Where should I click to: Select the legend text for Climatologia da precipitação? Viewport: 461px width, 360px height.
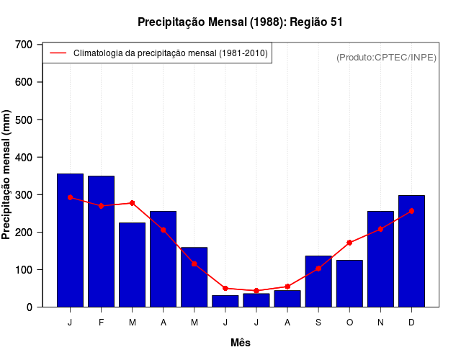[x=171, y=53]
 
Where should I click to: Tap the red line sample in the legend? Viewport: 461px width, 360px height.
[x=58, y=53]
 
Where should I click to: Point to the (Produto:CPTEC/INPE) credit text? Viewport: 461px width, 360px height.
[x=386, y=57]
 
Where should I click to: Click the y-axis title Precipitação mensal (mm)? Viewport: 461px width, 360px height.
[x=7, y=175]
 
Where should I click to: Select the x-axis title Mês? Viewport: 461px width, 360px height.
[x=241, y=343]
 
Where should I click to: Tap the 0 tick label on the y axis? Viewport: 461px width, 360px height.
[x=29, y=307]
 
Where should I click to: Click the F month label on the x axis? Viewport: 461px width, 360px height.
[x=102, y=323]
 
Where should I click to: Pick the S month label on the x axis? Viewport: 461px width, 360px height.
[x=318, y=323]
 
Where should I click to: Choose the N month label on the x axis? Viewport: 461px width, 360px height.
[x=380, y=323]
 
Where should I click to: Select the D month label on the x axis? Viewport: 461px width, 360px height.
[x=411, y=323]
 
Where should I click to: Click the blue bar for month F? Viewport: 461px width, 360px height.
[x=102, y=241]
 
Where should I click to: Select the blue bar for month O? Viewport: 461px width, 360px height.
[x=349, y=284]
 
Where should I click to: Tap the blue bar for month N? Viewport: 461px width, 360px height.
[x=380, y=259]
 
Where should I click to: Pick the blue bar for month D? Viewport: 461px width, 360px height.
[x=411, y=251]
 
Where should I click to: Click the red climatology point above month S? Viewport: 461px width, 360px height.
[x=318, y=269]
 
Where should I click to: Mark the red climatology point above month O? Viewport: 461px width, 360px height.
[x=349, y=243]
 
